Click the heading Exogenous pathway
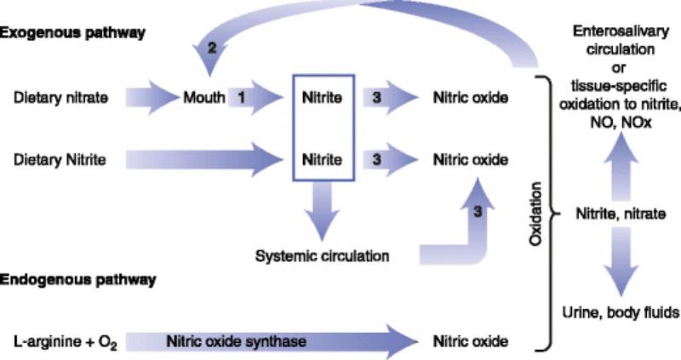point(72,33)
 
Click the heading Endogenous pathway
point(77,280)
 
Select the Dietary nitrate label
point(60,98)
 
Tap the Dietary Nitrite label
point(60,160)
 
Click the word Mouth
point(204,97)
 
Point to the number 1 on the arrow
point(242,97)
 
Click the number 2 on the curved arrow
point(211,48)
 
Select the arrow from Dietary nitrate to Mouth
point(152,97)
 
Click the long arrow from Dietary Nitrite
point(204,160)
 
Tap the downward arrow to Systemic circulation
point(322,210)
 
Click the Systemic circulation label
point(322,256)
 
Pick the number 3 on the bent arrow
point(478,211)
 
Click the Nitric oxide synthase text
point(236,341)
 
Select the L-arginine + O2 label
point(66,342)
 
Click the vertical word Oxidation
point(536,214)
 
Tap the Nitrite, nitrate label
point(621,214)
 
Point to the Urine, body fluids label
point(621,312)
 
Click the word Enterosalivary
point(621,31)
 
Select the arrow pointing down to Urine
point(621,262)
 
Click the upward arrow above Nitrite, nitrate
point(621,166)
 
